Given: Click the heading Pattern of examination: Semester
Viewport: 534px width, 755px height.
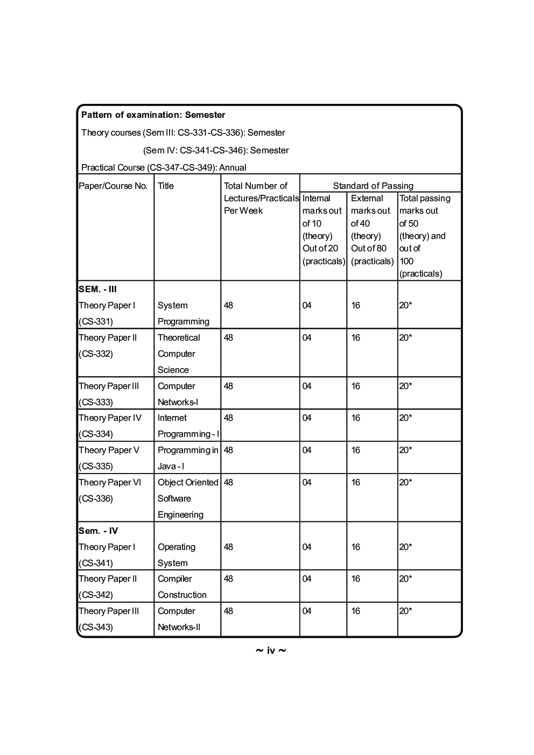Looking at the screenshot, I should click(x=153, y=115).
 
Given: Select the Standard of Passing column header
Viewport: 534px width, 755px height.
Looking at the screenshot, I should click(x=373, y=186).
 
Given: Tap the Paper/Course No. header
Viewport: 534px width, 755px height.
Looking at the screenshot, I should click(x=113, y=186).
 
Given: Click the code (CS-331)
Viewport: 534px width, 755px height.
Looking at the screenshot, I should click(x=96, y=321).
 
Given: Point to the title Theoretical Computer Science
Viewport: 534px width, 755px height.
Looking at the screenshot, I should click(x=178, y=354).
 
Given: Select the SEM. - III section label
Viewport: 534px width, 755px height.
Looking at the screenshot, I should click(x=97, y=289).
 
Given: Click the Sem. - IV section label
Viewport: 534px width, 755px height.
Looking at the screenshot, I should click(x=98, y=531).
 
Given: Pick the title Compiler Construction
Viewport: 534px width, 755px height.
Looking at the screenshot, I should click(x=182, y=587).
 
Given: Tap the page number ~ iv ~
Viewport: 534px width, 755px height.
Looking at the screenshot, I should click(x=270, y=651).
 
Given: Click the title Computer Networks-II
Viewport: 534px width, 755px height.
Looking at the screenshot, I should click(x=179, y=619).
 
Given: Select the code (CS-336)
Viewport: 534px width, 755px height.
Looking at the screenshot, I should click(x=96, y=498).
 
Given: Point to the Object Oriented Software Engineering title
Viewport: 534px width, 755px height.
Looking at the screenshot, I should click(x=187, y=498).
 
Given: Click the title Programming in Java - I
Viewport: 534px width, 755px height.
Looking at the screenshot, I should click(x=187, y=458).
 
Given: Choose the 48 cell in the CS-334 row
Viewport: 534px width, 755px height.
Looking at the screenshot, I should click(x=228, y=418).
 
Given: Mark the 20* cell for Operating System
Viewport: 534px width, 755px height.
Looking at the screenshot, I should click(x=405, y=547).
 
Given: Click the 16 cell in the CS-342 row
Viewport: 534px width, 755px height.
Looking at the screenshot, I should click(x=355, y=578).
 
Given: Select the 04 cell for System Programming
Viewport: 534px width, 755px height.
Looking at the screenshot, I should click(x=307, y=305).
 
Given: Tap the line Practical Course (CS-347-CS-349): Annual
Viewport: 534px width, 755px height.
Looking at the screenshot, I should click(x=164, y=167).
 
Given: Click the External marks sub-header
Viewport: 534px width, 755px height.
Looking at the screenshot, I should click(x=372, y=229).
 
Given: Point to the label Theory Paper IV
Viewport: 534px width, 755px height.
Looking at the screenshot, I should click(x=110, y=418).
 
